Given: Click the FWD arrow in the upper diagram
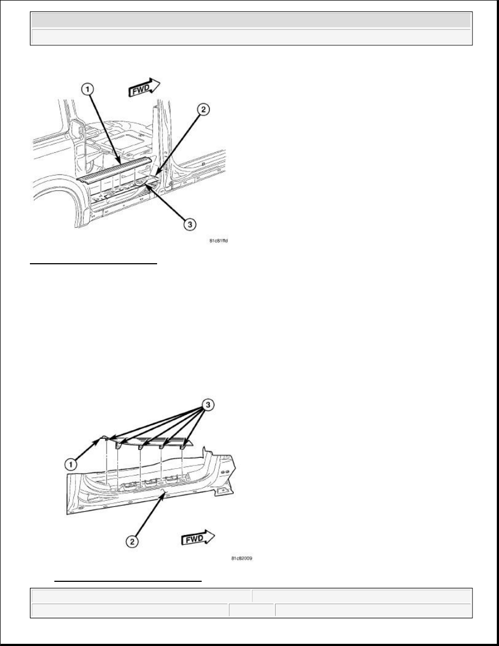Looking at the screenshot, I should pyautogui.click(x=144, y=87).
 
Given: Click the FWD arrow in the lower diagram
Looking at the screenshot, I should pyautogui.click(x=197, y=538).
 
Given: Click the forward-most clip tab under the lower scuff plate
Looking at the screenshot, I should pyautogui.click(x=183, y=445).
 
